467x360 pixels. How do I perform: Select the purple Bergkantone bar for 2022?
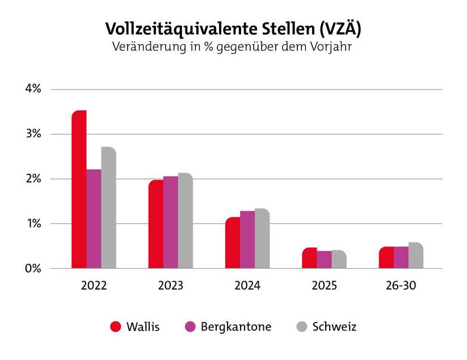click(94, 219)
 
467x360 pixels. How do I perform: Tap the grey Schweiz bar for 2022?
click(108, 207)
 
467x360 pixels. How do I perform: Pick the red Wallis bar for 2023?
click(156, 224)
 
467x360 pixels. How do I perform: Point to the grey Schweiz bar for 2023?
click(185, 221)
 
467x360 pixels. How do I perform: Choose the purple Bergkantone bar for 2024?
click(247, 240)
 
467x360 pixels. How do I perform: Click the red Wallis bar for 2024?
click(233, 242)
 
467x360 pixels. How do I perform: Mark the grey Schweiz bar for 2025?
click(339, 259)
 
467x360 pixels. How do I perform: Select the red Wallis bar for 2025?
click(309, 258)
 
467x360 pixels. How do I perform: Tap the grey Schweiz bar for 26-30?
click(415, 256)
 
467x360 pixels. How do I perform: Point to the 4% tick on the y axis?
click(33, 89)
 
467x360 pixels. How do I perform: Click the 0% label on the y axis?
click(33, 269)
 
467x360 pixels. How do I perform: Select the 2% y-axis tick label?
click(33, 179)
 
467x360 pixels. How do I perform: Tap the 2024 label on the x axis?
click(247, 286)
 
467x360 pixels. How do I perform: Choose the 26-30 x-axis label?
click(401, 286)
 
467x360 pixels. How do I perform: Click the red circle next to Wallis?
click(116, 327)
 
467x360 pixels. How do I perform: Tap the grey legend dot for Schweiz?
click(302, 327)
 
